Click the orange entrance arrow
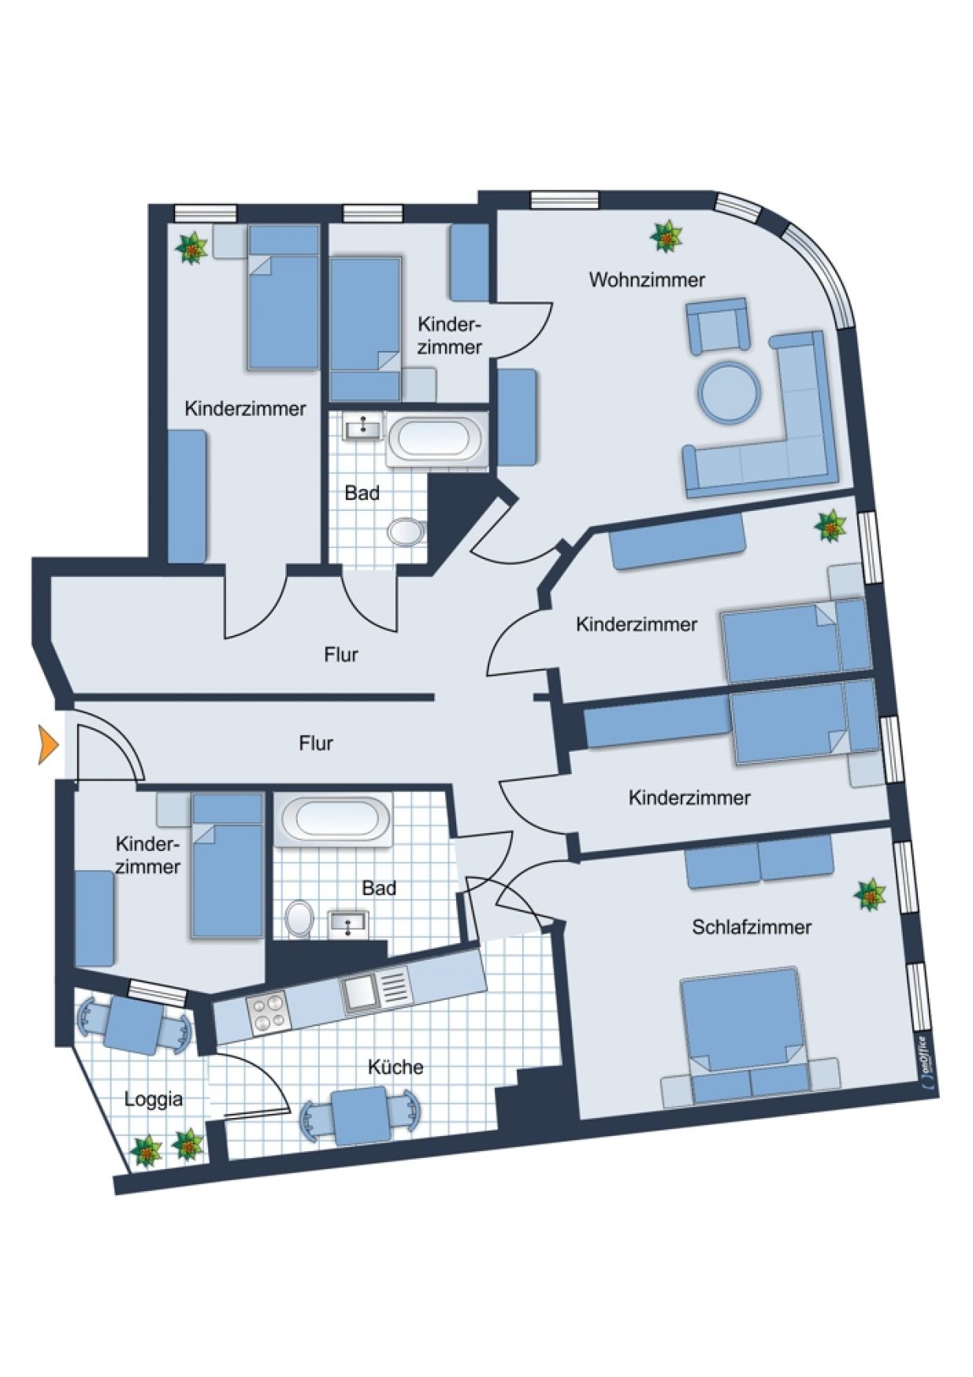[48, 744]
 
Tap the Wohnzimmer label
[647, 279]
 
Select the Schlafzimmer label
[752, 927]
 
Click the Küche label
[396, 1067]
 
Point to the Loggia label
[154, 1100]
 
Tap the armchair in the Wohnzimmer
[717, 324]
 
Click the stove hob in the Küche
[266, 1012]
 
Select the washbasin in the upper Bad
[362, 428]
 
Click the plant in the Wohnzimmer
[667, 236]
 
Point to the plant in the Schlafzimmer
[871, 895]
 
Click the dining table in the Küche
[360, 1116]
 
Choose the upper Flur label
[341, 654]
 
